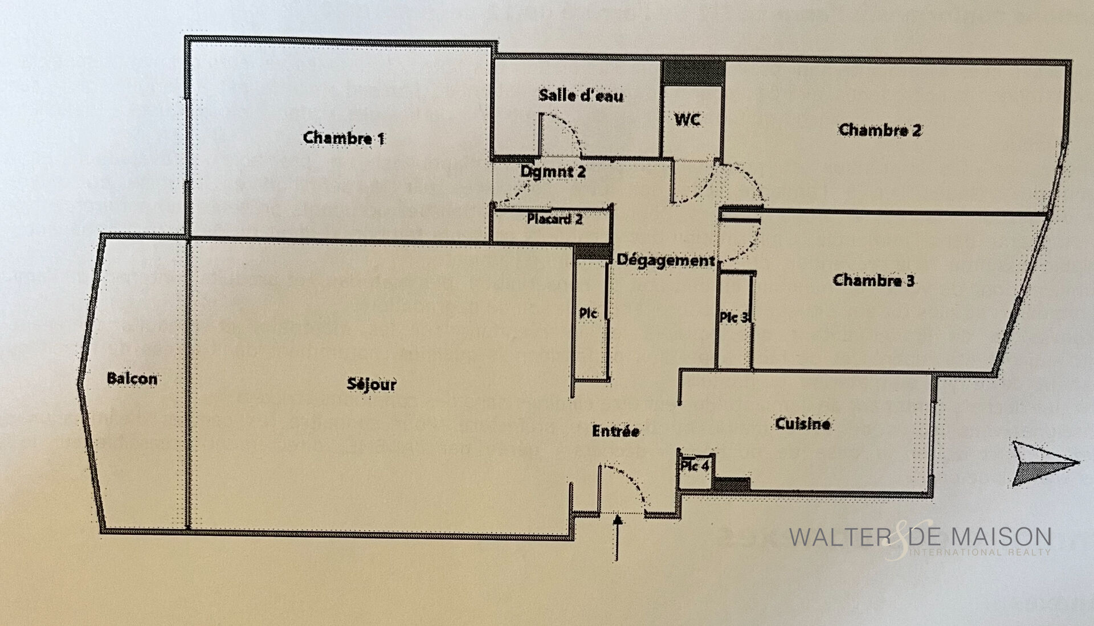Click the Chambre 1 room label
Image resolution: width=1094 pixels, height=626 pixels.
click(x=344, y=138)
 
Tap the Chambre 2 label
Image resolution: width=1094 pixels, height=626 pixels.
click(x=880, y=130)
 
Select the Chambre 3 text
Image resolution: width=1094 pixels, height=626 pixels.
click(x=873, y=280)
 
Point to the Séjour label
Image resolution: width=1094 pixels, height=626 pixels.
click(x=372, y=384)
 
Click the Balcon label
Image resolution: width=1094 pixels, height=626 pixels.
click(x=132, y=379)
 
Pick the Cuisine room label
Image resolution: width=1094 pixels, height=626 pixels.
click(x=803, y=423)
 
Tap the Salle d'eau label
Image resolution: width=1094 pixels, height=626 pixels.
click(x=581, y=95)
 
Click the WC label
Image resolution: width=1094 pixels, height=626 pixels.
click(x=687, y=120)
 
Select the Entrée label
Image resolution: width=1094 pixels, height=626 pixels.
click(x=615, y=431)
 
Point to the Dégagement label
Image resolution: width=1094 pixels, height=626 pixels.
click(x=666, y=260)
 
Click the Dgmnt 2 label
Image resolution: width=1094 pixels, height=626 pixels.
click(x=553, y=171)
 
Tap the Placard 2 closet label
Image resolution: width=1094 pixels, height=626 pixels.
click(x=554, y=219)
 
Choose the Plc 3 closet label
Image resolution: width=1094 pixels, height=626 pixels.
click(x=734, y=317)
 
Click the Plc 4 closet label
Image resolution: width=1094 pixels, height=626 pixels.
click(x=695, y=466)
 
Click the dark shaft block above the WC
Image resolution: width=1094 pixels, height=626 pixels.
click(x=693, y=73)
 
